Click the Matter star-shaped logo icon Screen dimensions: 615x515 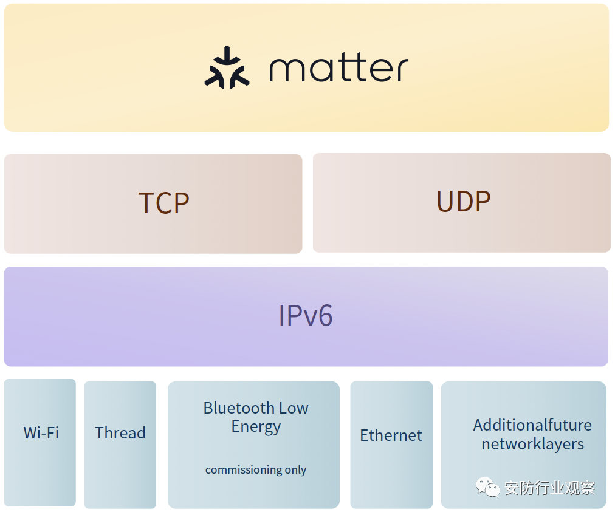[x=227, y=67]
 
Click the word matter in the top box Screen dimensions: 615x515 [x=339, y=69]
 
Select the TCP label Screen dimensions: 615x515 [x=164, y=203]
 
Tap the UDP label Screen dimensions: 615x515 [x=463, y=202]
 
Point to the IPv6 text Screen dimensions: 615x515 [x=306, y=315]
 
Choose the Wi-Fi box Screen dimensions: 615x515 [x=40, y=443]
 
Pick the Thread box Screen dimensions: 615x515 [x=120, y=445]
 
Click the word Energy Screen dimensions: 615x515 [x=256, y=427]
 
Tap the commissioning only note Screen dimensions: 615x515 [x=256, y=469]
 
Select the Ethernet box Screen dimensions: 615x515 [x=391, y=445]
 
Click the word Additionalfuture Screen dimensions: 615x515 [x=532, y=425]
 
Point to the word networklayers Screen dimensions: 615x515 [x=532, y=445]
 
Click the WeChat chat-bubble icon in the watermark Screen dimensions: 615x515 [x=487, y=487]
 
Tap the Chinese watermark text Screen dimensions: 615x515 [x=549, y=488]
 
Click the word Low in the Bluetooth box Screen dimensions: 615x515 [x=294, y=408]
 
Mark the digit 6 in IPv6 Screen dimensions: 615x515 [x=325, y=315]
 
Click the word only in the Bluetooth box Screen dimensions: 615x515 [x=295, y=470]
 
